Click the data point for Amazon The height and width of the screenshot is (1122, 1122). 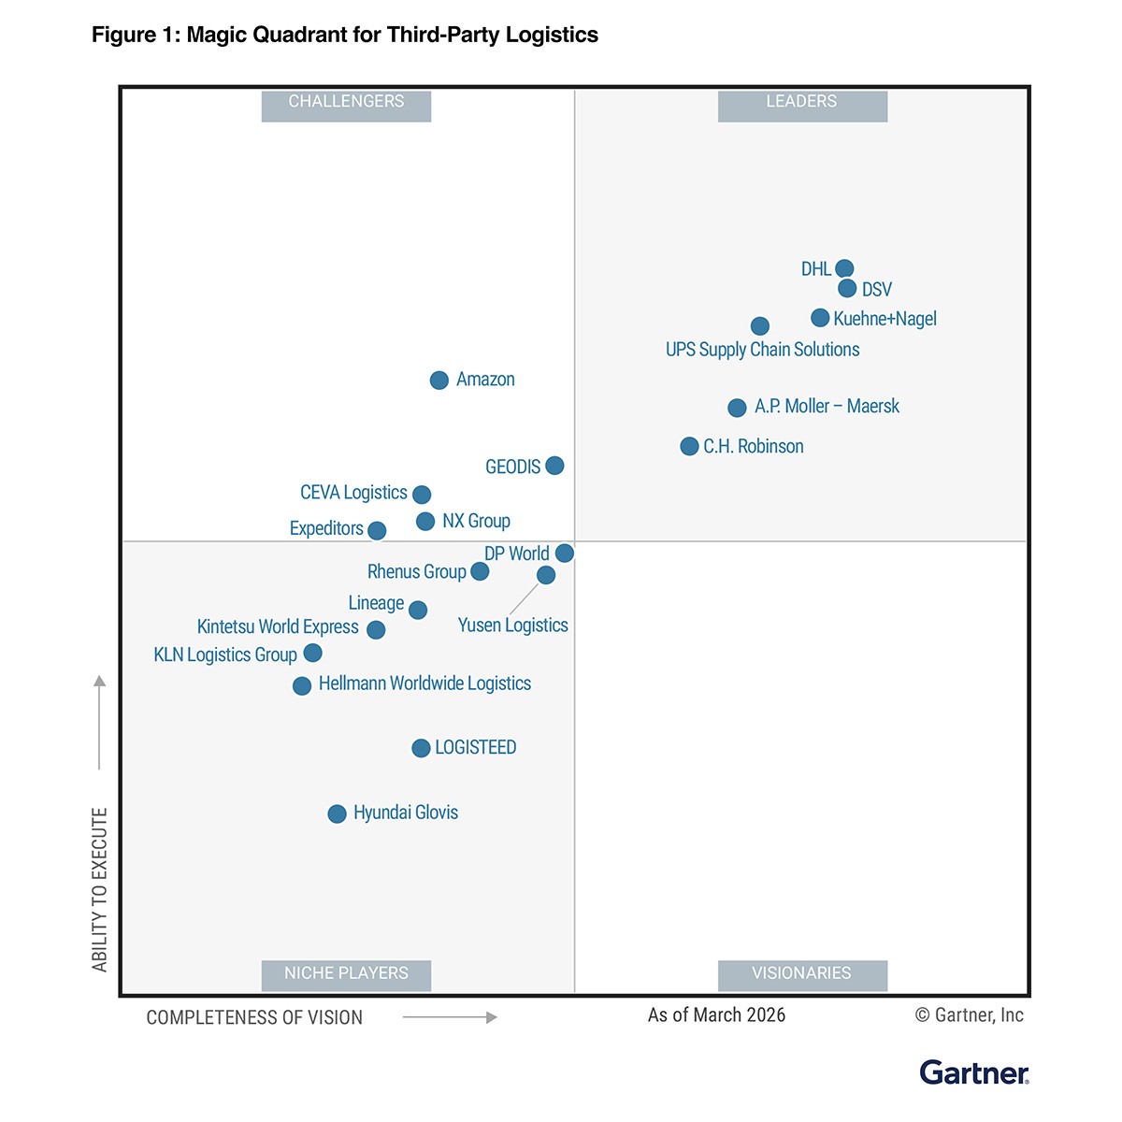(439, 380)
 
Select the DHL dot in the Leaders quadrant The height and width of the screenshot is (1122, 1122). (844, 269)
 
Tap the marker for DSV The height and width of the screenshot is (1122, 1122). (847, 288)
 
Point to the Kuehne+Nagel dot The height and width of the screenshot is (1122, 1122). (820, 318)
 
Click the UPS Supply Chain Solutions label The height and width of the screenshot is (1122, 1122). (762, 350)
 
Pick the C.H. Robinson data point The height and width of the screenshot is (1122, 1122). (689, 446)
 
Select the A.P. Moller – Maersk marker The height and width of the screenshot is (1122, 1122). (737, 408)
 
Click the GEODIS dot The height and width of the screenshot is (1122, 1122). (554, 465)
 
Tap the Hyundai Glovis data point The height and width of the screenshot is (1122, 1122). (337, 813)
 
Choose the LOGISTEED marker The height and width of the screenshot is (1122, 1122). (421, 748)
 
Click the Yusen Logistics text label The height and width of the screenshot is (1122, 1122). (512, 626)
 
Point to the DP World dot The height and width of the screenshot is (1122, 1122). (565, 553)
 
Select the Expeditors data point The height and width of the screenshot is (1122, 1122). (377, 530)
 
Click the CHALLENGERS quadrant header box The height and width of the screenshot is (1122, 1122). (346, 105)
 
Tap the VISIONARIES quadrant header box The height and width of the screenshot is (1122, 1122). (802, 974)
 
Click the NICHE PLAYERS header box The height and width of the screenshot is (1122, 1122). (346, 974)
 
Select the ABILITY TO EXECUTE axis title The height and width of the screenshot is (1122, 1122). (100, 888)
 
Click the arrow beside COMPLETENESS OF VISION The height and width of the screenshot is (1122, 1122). (450, 1017)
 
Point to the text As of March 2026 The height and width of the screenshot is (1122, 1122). (716, 1015)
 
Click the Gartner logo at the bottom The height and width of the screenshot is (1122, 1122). (973, 1072)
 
